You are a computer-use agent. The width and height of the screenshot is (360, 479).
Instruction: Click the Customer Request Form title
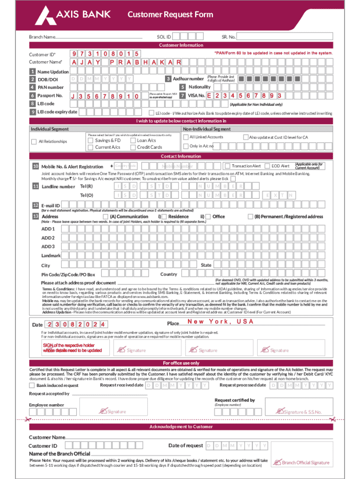tap(171, 15)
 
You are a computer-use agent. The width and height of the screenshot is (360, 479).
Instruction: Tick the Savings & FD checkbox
tap(91, 140)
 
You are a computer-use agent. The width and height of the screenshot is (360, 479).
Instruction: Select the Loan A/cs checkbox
tap(133, 140)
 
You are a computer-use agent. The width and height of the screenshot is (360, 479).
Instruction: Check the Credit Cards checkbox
tap(133, 147)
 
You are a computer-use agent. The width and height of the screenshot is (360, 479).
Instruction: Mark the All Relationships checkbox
tap(34, 142)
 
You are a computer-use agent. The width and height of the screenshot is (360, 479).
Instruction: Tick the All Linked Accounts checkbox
tap(186, 137)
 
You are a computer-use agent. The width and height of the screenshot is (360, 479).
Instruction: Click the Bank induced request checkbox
tap(32, 385)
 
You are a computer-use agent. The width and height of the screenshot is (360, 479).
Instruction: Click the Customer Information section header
tap(181, 45)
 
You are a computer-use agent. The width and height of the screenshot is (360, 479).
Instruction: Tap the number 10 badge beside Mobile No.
tap(36, 167)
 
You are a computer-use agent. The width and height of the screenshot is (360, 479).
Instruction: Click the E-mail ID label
tap(50, 205)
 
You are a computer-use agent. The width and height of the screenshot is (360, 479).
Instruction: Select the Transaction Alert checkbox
tap(228, 166)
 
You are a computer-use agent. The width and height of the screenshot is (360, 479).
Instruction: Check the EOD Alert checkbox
tap(267, 166)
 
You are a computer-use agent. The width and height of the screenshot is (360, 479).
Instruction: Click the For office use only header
tap(181, 363)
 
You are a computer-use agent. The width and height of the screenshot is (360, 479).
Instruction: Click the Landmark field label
tap(51, 256)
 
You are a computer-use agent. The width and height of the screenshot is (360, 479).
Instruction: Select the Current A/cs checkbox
tap(91, 147)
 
